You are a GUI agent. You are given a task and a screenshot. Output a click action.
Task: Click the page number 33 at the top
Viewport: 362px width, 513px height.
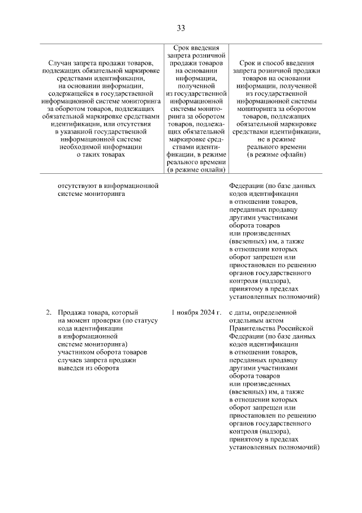coord(181,28)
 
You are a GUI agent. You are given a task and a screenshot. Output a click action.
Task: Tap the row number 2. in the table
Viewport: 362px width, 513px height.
coord(49,312)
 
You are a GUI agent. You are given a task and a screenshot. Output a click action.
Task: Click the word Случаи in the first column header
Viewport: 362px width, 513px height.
coord(61,62)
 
